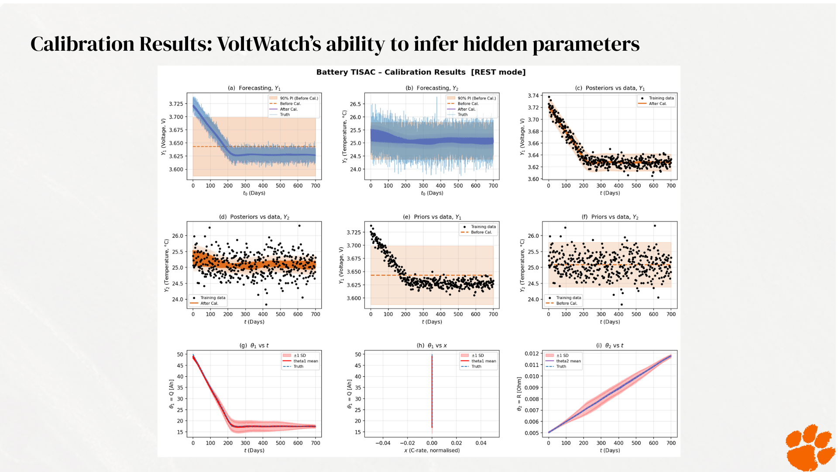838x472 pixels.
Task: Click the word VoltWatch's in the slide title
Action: [269, 44]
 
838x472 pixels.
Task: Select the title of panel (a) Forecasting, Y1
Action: [254, 88]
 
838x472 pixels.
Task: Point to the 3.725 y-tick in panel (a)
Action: [176, 104]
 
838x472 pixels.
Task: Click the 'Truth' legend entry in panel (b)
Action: [462, 115]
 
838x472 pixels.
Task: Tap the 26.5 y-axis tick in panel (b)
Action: [355, 104]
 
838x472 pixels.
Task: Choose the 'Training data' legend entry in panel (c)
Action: [661, 98]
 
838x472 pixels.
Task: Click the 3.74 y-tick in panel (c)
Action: [533, 96]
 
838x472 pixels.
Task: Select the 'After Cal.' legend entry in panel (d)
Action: [209, 303]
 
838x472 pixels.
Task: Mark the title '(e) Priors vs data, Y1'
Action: [432, 217]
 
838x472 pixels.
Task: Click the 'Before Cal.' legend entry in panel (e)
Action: [481, 232]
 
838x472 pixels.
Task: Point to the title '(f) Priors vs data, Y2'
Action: [609, 217]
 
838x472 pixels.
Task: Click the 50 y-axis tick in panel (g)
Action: [180, 354]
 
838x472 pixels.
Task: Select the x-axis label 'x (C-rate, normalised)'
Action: [432, 451]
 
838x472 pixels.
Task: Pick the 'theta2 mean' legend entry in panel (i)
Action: [568, 361]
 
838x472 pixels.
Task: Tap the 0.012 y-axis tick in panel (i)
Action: [531, 354]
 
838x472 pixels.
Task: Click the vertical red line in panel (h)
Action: [432, 393]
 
